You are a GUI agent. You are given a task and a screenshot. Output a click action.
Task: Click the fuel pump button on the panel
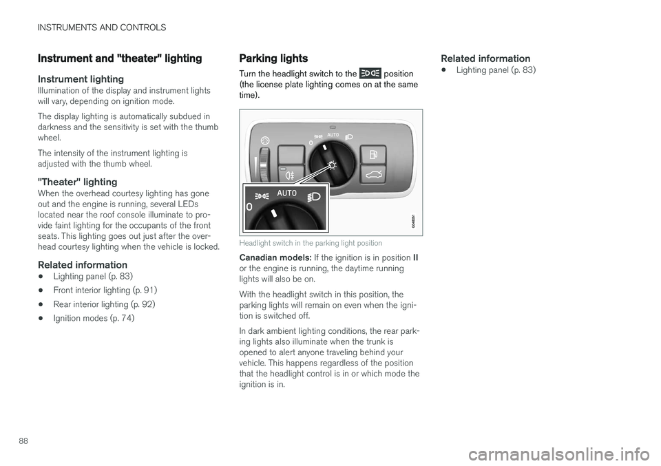pos(373,153)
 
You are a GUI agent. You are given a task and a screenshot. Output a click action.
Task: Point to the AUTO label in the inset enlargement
pos(286,193)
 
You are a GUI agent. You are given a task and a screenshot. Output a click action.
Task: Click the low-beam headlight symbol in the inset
pos(313,196)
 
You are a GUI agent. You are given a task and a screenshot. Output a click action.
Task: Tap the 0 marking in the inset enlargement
pos(249,206)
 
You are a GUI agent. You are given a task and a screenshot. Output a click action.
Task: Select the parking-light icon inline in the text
pos(370,73)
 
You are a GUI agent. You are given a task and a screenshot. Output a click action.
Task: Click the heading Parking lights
pos(273,59)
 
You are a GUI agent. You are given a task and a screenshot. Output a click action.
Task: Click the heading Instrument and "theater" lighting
pos(120,59)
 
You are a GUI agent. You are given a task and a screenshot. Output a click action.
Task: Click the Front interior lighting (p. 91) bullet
pos(105,290)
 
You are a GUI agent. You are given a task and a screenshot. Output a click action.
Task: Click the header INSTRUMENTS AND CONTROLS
pos(102,28)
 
